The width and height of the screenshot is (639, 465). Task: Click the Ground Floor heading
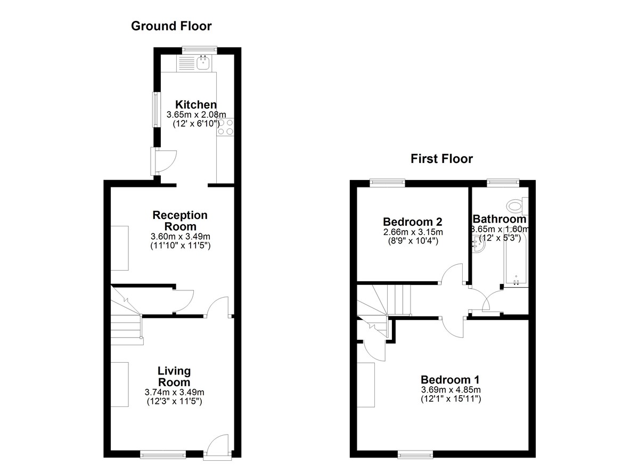point(171,26)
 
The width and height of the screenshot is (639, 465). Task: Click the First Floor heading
point(441,159)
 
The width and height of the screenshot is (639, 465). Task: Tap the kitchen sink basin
point(203,63)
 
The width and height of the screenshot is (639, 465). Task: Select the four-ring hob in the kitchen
point(225,127)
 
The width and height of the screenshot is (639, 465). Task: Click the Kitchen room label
point(196,104)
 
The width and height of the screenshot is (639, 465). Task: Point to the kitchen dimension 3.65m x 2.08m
point(196,115)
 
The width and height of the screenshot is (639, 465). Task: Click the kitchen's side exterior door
point(164,161)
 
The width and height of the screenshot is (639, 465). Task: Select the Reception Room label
point(180,221)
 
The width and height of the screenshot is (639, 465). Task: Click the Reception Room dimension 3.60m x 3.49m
point(181,236)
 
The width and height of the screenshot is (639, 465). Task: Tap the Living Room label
point(174,376)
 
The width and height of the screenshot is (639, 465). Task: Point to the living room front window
point(163,455)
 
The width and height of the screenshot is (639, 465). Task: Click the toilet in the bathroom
point(517,206)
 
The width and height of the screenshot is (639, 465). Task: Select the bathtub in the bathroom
point(517,257)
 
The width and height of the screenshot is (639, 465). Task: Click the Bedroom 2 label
point(413,222)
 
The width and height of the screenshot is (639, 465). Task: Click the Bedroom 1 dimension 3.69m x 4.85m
point(450,390)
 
